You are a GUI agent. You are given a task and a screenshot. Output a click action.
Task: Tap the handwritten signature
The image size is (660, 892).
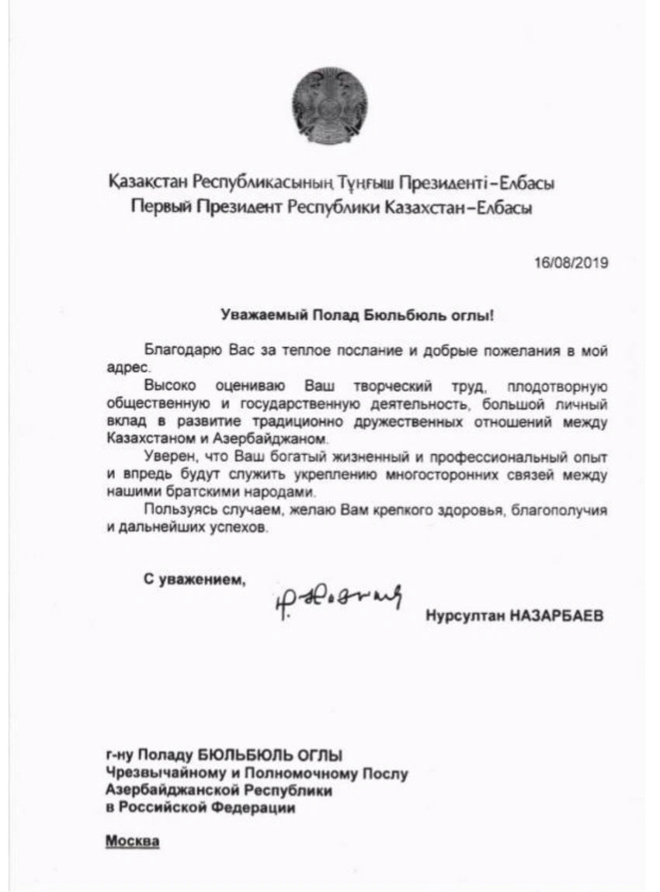coord(338,598)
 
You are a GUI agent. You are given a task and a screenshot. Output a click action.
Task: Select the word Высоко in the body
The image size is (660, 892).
coord(166,386)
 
